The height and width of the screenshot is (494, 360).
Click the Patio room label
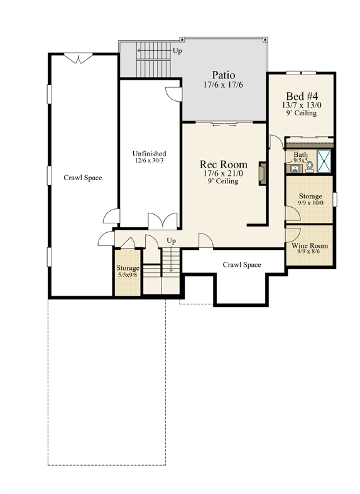click(x=223, y=75)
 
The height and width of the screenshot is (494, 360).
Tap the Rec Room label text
click(x=224, y=164)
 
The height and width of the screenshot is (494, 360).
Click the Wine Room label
click(x=310, y=245)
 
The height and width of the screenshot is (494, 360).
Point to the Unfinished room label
click(x=149, y=153)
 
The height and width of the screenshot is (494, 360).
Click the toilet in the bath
click(x=310, y=167)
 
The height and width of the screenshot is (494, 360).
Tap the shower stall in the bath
click(x=324, y=161)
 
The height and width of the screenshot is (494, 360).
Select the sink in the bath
click(x=295, y=169)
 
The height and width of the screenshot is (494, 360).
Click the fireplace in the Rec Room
click(x=262, y=173)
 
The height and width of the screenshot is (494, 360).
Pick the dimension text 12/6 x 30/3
click(x=149, y=160)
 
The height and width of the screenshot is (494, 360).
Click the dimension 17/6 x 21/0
click(x=223, y=173)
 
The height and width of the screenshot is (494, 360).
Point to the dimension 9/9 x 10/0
click(x=310, y=203)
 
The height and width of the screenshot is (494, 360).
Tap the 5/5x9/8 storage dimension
click(x=128, y=275)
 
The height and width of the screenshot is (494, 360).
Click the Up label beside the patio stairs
click(x=177, y=50)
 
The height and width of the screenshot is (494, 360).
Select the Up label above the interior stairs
click(x=171, y=240)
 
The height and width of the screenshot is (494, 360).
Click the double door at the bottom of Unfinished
click(x=163, y=220)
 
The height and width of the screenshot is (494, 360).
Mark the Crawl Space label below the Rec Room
click(x=242, y=265)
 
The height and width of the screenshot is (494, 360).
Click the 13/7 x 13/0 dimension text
click(x=302, y=105)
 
